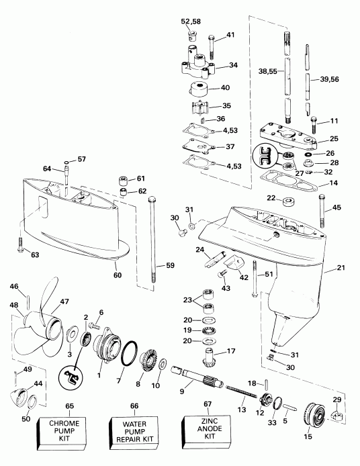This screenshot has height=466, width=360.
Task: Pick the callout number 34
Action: click(234, 66)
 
